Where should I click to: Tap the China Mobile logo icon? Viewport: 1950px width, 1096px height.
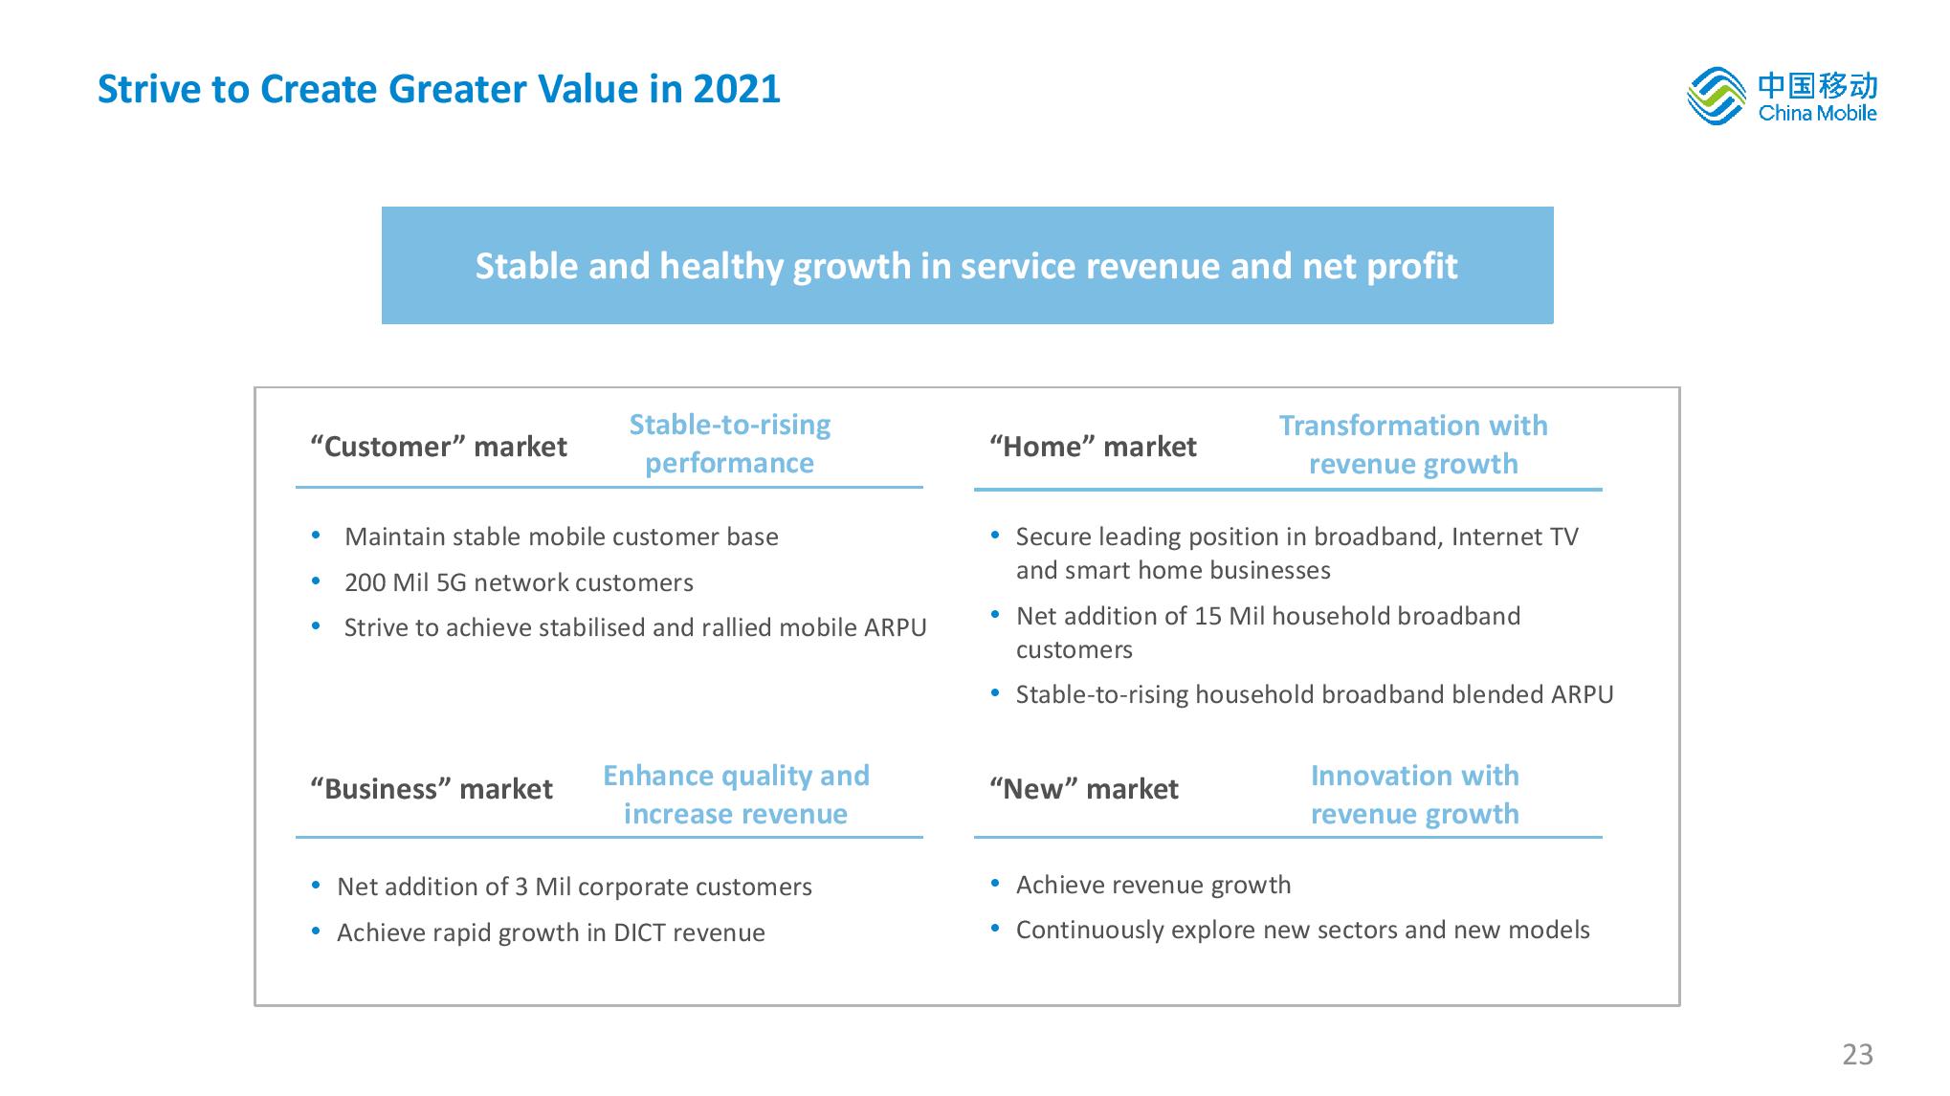tap(1716, 97)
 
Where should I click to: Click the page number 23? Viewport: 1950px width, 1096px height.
tap(1857, 1054)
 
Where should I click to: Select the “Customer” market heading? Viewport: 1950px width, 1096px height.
tap(438, 447)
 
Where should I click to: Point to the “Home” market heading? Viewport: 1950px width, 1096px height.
tap(1093, 447)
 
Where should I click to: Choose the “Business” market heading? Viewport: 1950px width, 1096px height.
tap(432, 789)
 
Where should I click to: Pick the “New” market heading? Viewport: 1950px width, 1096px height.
tap(1083, 789)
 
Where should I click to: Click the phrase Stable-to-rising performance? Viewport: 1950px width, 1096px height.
tap(729, 444)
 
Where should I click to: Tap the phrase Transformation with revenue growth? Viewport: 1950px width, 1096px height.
tap(1413, 445)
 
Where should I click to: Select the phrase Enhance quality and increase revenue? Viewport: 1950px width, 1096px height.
tap(736, 795)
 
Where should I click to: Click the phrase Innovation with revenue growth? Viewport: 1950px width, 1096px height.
tap(1414, 795)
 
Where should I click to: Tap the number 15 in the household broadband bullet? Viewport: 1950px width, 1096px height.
tap(1208, 616)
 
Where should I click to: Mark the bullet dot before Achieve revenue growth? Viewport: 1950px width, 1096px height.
tap(996, 883)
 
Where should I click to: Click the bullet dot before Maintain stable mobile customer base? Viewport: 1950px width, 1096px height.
tap(316, 535)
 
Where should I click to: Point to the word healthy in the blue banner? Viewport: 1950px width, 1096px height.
tap(722, 267)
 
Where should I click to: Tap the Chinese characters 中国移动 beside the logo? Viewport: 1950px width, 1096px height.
tap(1817, 86)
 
